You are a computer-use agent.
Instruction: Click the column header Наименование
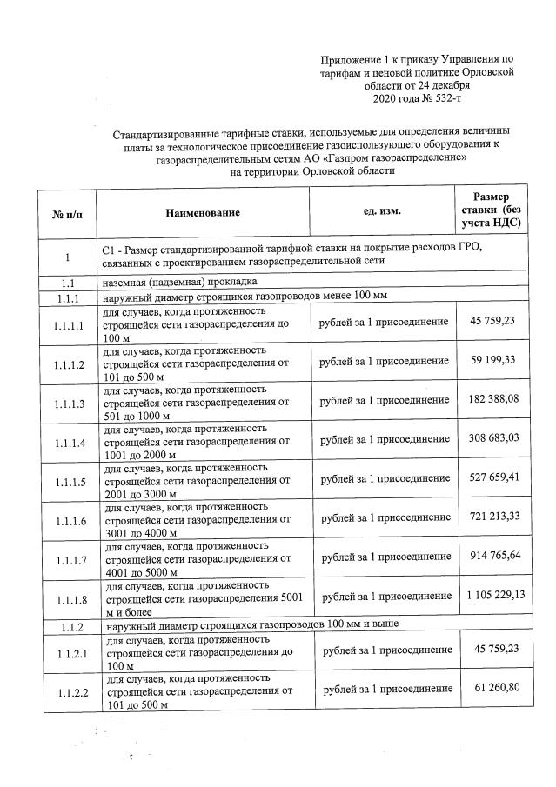pyautogui.click(x=204, y=212)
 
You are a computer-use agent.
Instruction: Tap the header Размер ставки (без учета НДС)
pyautogui.click(x=492, y=210)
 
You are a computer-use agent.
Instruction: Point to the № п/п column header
pyautogui.click(x=67, y=213)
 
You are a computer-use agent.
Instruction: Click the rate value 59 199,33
pyautogui.click(x=492, y=361)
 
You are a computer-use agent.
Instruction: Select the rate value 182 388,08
pyautogui.click(x=492, y=401)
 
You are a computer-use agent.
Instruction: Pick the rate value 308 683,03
pyautogui.click(x=492, y=441)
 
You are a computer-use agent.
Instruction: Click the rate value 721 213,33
pyautogui.click(x=492, y=519)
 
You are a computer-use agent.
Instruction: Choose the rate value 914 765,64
pyautogui.click(x=492, y=558)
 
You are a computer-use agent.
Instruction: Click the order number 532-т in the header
pyautogui.click(x=445, y=101)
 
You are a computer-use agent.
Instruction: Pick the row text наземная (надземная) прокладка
pyautogui.click(x=179, y=283)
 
